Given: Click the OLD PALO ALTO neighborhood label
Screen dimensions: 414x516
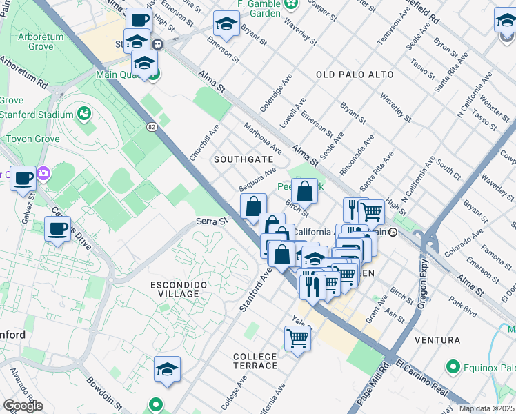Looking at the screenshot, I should pos(355,75).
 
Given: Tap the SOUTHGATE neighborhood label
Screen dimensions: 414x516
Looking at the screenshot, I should pos(243,159).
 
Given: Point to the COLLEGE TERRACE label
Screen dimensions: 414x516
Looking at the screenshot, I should pos(255,361).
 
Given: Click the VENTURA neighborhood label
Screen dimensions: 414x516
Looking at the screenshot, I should pos(437,340).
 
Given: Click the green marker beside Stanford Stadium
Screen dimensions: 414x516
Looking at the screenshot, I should pos(86,112).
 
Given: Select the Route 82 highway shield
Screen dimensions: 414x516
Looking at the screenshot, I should pos(152,126).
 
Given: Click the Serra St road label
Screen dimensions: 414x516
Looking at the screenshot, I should pos(211,221).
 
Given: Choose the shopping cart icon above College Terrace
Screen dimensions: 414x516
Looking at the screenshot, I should pos(297,338).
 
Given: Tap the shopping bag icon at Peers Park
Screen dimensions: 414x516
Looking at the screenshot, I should pos(304,190).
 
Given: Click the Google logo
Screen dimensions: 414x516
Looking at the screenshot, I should pos(23,406).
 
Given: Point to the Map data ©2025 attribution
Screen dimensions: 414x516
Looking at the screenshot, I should pos(486,408).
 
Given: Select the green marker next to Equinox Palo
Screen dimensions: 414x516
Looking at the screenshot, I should pos(453,366).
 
